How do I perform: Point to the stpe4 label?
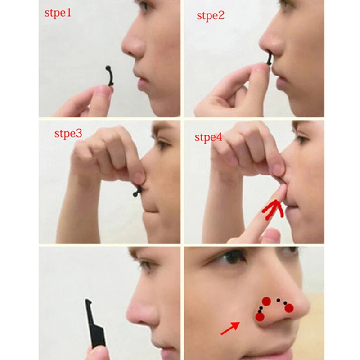(x=208, y=137)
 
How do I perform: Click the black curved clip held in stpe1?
(x=109, y=76)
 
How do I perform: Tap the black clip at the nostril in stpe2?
(x=269, y=58)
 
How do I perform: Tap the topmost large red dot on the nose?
(x=266, y=301)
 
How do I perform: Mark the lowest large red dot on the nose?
(x=260, y=317)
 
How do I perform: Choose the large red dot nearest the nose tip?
(x=289, y=308)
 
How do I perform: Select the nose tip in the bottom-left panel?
(x=130, y=313)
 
